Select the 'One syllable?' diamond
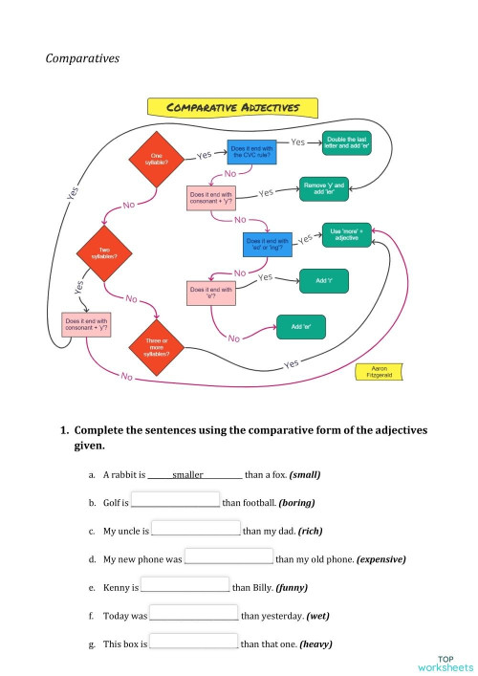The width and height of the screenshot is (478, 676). (157, 160)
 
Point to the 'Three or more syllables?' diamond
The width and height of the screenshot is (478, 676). (157, 348)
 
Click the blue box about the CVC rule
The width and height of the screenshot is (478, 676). (252, 153)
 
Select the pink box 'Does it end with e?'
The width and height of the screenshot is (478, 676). (212, 293)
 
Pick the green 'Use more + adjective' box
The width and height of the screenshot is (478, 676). (349, 234)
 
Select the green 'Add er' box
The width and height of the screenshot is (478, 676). (301, 328)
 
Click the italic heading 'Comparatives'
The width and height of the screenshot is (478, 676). (82, 58)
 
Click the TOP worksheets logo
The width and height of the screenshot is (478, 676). (445, 663)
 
